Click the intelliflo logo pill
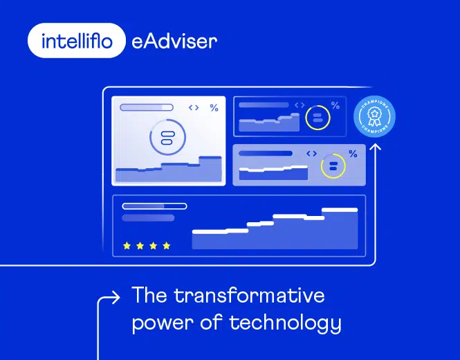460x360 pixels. click(x=77, y=41)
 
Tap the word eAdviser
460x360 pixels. click(x=174, y=42)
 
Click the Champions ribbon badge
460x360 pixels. click(x=374, y=116)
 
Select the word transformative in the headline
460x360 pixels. click(x=249, y=296)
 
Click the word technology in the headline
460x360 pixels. click(x=295, y=323)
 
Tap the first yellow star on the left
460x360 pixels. click(x=127, y=246)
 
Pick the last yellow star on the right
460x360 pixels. click(x=166, y=246)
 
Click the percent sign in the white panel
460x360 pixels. click(x=214, y=108)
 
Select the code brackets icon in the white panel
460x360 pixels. click(x=194, y=108)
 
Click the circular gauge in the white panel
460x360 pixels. click(x=167, y=137)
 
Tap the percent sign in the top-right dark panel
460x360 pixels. click(x=335, y=106)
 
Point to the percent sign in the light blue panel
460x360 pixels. click(x=353, y=154)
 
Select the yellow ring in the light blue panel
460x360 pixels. click(x=333, y=165)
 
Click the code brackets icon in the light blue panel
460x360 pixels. click(x=311, y=154)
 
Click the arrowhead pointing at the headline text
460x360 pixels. click(x=116, y=298)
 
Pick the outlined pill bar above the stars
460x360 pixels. click(x=154, y=206)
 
